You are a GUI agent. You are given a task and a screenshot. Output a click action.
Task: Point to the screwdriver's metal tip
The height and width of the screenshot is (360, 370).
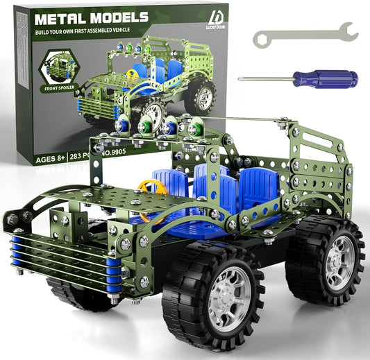[x=242, y=78]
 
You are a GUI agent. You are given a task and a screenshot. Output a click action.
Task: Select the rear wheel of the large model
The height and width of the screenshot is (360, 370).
[x=324, y=260]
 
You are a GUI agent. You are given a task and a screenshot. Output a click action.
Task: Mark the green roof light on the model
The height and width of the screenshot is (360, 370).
[x=193, y=128]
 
